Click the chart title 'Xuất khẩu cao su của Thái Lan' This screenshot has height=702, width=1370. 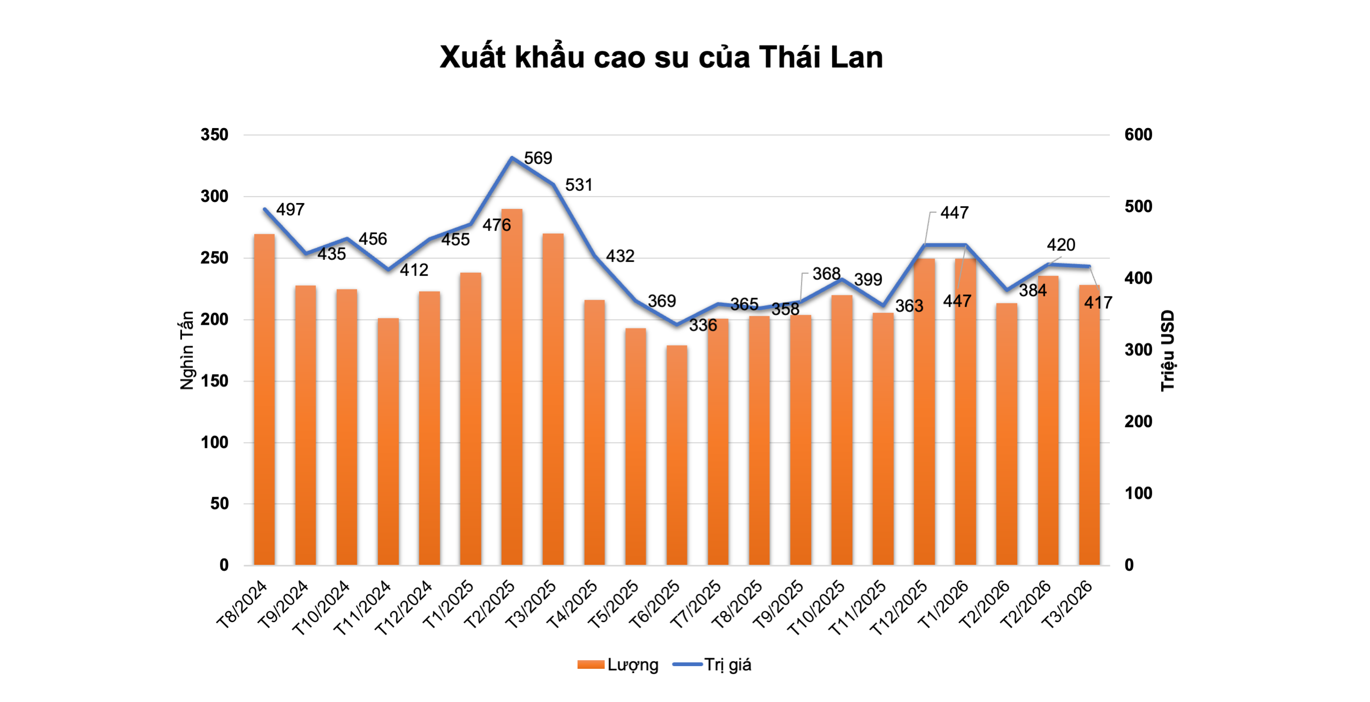661,57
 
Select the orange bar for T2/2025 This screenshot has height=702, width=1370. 512,386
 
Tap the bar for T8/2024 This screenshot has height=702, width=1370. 264,399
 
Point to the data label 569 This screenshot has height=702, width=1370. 538,158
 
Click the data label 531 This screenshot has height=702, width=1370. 579,185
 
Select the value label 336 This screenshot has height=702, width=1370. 703,325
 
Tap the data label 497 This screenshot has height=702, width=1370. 291,210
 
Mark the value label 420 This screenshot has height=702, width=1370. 1061,245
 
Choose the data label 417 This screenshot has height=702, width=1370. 1098,303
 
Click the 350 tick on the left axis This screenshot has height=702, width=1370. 215,135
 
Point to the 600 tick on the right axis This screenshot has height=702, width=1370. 1138,135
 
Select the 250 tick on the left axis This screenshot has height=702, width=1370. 215,258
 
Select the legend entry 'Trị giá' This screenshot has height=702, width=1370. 727,664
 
